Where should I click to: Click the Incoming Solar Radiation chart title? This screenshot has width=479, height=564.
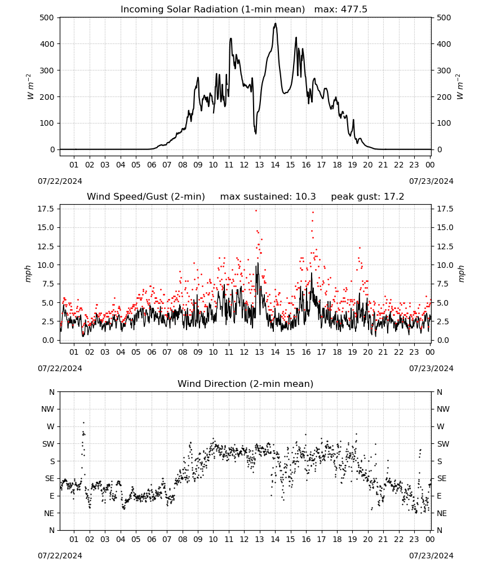point(212,9)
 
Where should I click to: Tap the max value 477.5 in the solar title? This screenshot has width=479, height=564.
point(354,9)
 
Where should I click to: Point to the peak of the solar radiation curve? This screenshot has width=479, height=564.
point(275,23)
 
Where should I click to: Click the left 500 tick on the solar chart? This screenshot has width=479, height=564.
point(47,17)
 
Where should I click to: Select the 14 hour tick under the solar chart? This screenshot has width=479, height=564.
point(275,165)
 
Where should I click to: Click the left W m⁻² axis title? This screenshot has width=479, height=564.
point(30,87)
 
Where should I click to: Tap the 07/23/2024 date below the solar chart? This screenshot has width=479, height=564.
point(431,181)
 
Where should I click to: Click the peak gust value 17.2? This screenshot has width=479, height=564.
point(394,197)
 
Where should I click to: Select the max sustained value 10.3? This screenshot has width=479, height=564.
point(305,197)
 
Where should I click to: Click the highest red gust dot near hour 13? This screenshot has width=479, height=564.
point(256,211)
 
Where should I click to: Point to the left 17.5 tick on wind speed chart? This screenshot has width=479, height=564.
point(46,209)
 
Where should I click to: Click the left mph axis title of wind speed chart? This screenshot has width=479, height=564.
point(28,274)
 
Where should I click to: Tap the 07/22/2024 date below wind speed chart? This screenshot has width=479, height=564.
point(60,368)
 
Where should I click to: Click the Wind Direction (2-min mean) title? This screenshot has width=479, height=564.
point(246,384)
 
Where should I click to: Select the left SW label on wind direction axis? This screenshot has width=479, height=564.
point(48,444)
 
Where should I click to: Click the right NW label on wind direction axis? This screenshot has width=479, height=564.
point(443,409)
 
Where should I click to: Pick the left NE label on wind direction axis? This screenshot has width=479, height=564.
point(49,513)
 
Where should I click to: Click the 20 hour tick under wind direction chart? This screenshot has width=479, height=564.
point(367,539)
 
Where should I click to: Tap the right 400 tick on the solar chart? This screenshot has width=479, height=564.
point(444,44)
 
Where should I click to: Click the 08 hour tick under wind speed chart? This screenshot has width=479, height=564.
point(183,352)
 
